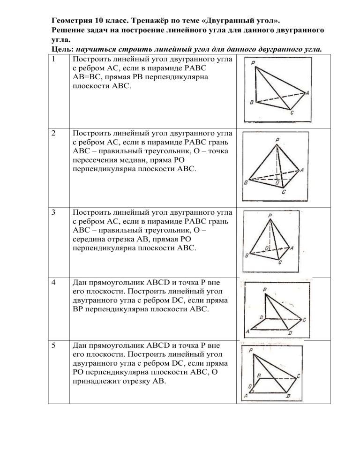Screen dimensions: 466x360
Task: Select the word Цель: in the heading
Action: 62,48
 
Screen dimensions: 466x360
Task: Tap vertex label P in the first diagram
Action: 253,63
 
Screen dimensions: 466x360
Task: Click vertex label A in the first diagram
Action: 307,92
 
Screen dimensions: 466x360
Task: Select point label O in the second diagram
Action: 278,181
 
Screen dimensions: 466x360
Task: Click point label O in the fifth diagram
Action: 250,385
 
